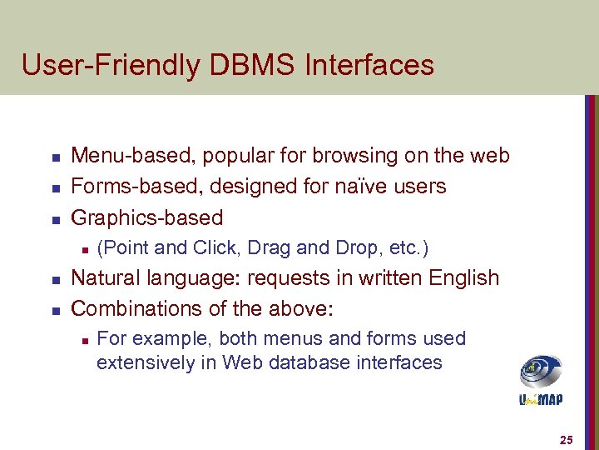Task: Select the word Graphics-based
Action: click(x=147, y=217)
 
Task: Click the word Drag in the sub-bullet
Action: click(x=265, y=248)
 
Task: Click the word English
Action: click(x=462, y=277)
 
